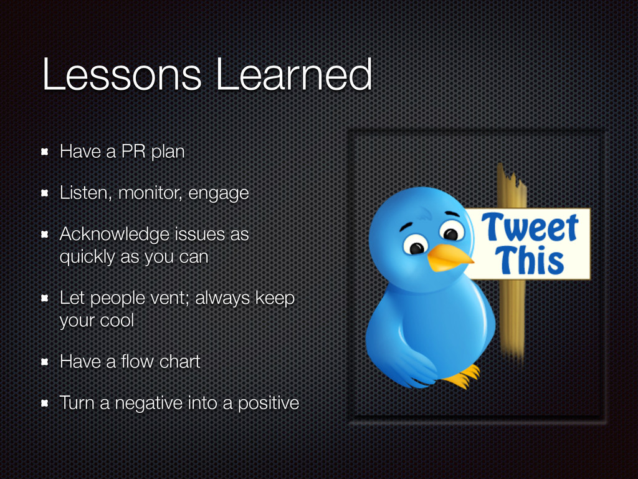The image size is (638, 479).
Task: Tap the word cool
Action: coord(117,320)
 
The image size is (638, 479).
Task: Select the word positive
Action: coord(269,404)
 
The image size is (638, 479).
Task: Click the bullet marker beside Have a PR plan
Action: coord(45,152)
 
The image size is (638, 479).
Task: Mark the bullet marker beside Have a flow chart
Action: coord(45,362)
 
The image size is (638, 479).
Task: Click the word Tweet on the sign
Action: coord(530,227)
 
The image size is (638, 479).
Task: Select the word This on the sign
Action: coord(530,259)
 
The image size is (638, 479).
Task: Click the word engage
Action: coord(219,193)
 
